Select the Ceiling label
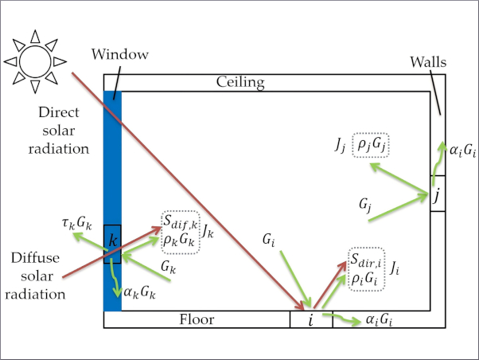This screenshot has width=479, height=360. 240,82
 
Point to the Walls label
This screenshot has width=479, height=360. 429,61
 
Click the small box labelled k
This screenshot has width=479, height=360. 112,244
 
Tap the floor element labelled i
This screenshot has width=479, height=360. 310,320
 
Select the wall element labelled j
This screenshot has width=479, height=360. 436,194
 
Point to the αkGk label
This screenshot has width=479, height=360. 140,292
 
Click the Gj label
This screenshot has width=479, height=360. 365,207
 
